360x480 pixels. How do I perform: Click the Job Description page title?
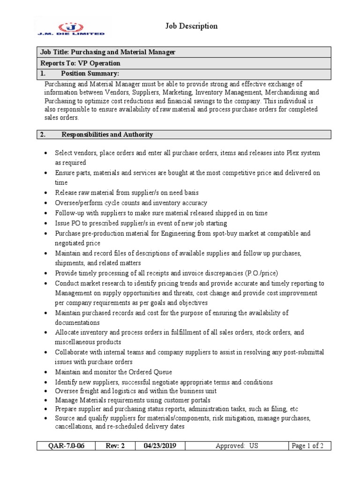191,26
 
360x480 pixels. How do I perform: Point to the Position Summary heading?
90,74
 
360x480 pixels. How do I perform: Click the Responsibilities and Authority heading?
107,135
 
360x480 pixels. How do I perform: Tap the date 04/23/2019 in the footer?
160,446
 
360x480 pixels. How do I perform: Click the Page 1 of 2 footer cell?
307,446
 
